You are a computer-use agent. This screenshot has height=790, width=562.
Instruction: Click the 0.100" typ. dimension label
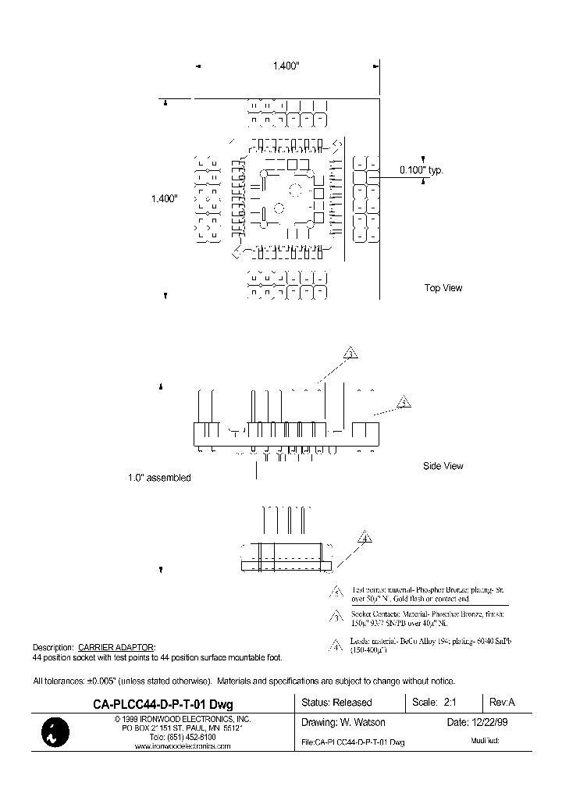tap(421, 169)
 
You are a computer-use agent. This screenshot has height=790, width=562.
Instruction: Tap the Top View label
tap(443, 288)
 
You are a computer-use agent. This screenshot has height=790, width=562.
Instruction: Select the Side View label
tap(443, 466)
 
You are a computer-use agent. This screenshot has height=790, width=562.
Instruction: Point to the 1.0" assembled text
tap(159, 478)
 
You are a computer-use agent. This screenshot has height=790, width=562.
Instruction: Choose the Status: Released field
tap(336, 703)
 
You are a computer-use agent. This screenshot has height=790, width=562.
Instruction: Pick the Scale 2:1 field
tap(434, 703)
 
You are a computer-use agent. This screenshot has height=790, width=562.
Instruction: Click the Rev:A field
tap(501, 703)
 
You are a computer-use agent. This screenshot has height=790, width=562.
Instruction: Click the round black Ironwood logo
tap(54, 731)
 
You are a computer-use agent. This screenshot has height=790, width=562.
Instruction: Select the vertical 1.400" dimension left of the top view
tap(165, 199)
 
